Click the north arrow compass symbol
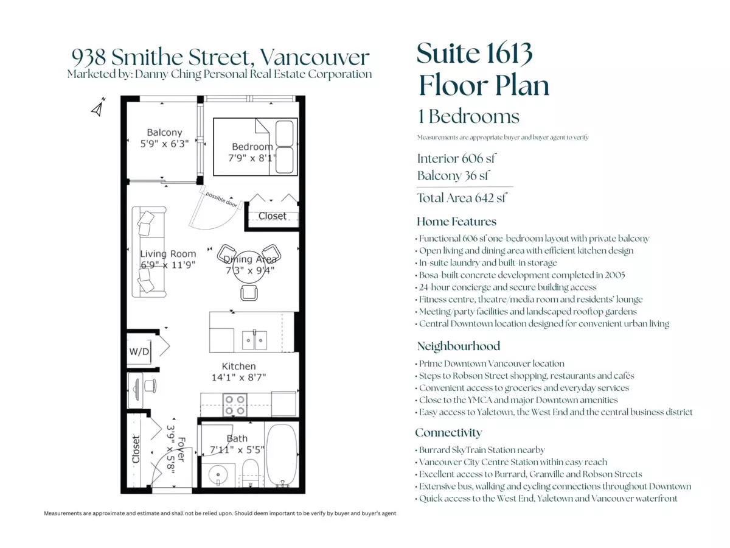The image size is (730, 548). (x=98, y=107)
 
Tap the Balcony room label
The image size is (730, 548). (x=164, y=132)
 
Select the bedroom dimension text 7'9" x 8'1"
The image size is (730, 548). (x=252, y=158)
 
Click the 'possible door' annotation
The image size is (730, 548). (x=221, y=199)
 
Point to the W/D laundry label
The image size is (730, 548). (x=139, y=351)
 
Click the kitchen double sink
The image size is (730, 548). (x=254, y=340)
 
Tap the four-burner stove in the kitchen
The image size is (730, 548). (x=235, y=405)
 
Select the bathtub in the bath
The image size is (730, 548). (x=282, y=455)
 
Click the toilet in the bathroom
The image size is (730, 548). (x=250, y=473)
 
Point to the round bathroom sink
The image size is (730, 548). (x=218, y=474)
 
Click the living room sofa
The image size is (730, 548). (x=148, y=252)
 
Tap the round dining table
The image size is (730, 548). (x=249, y=267)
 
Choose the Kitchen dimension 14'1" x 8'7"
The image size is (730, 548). (x=239, y=378)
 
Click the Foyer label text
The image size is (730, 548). (x=181, y=449)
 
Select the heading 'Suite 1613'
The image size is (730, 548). (x=474, y=53)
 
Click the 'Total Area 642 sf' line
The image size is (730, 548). (x=462, y=198)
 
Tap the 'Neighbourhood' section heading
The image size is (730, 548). (x=458, y=346)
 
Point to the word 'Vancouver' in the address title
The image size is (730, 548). (x=315, y=57)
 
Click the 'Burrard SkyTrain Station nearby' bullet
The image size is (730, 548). (x=480, y=450)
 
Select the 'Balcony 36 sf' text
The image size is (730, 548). (x=453, y=175)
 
